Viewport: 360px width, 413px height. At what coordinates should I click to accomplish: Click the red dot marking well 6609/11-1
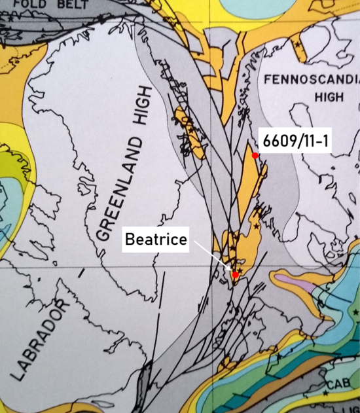[x=255, y=155]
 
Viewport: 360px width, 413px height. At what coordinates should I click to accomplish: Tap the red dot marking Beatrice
[x=235, y=275]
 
